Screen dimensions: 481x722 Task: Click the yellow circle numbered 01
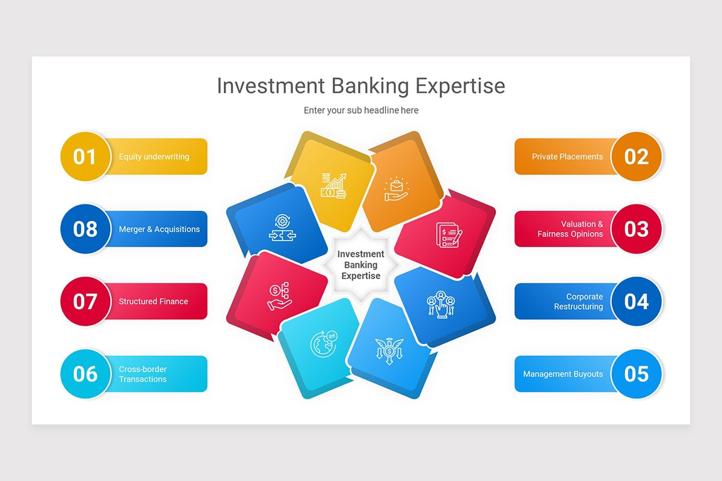pyautogui.click(x=85, y=156)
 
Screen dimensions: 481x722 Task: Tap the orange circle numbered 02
pyautogui.click(x=636, y=156)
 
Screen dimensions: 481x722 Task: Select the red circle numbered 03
pyautogui.click(x=636, y=229)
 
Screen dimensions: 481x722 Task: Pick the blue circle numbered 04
pyautogui.click(x=636, y=301)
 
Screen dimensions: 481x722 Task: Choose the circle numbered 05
pyautogui.click(x=636, y=374)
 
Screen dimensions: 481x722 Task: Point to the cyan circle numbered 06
pyautogui.click(x=85, y=374)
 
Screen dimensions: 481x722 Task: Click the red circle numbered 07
pyautogui.click(x=85, y=301)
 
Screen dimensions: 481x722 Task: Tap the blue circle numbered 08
pyautogui.click(x=85, y=229)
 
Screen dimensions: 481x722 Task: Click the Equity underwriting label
pyautogui.click(x=154, y=157)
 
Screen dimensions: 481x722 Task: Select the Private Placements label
pyautogui.click(x=567, y=157)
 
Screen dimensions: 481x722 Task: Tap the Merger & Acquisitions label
pyautogui.click(x=159, y=229)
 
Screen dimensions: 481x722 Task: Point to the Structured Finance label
pyautogui.click(x=153, y=301)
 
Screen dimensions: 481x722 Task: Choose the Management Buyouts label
pyautogui.click(x=563, y=374)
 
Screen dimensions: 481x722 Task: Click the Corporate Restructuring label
pyautogui.click(x=578, y=301)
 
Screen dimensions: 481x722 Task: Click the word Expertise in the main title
pyautogui.click(x=460, y=85)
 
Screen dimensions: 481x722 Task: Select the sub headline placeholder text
pyautogui.click(x=361, y=110)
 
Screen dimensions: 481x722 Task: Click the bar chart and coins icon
pyautogui.click(x=333, y=185)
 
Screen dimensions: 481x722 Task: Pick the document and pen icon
pyautogui.click(x=448, y=234)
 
